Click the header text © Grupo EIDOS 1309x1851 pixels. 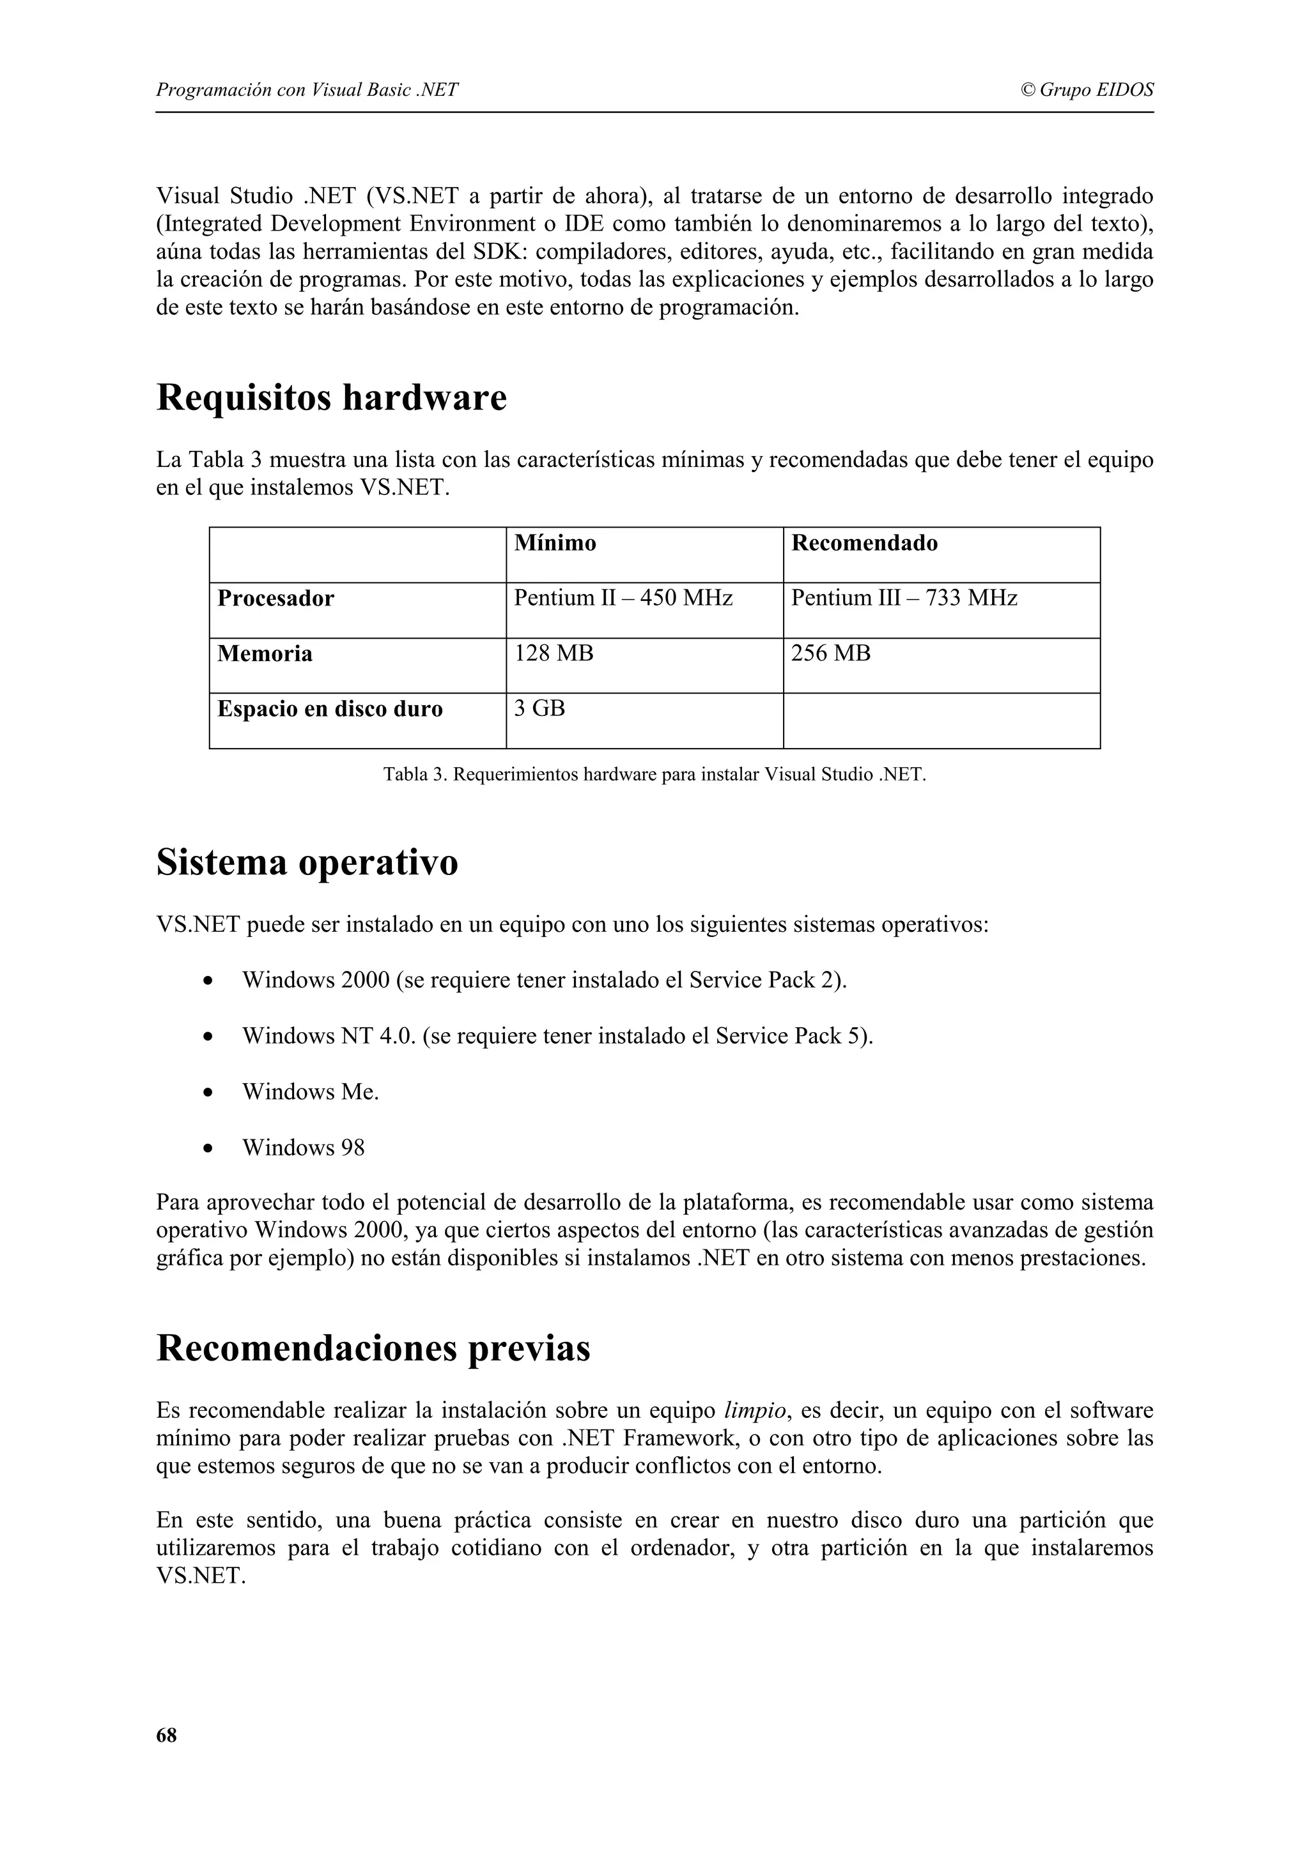pyautogui.click(x=1087, y=89)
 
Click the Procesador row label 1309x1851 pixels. pyautogui.click(x=275, y=599)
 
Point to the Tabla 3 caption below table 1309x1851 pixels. pyautogui.click(x=654, y=775)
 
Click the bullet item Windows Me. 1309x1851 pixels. pyautogui.click(x=311, y=1092)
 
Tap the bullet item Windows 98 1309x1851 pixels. pyautogui.click(x=303, y=1147)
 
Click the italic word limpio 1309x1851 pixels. pyautogui.click(x=754, y=1410)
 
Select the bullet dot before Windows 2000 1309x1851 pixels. pyautogui.click(x=209, y=982)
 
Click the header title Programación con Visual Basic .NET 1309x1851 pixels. pyautogui.click(x=307, y=89)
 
